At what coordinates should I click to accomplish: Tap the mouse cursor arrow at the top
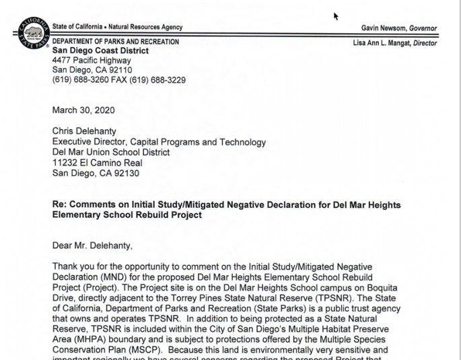[x=336, y=15]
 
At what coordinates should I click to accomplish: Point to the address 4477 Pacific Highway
[x=92, y=61]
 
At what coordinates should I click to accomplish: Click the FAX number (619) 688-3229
[x=160, y=80]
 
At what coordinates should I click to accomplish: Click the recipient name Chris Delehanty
[x=86, y=133]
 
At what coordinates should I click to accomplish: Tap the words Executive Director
[x=91, y=143]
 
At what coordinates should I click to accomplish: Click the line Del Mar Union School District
[x=111, y=152]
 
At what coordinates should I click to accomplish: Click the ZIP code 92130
[x=135, y=172]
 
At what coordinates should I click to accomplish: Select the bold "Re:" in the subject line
[x=60, y=205]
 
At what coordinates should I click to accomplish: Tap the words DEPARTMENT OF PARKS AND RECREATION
[x=116, y=42]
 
